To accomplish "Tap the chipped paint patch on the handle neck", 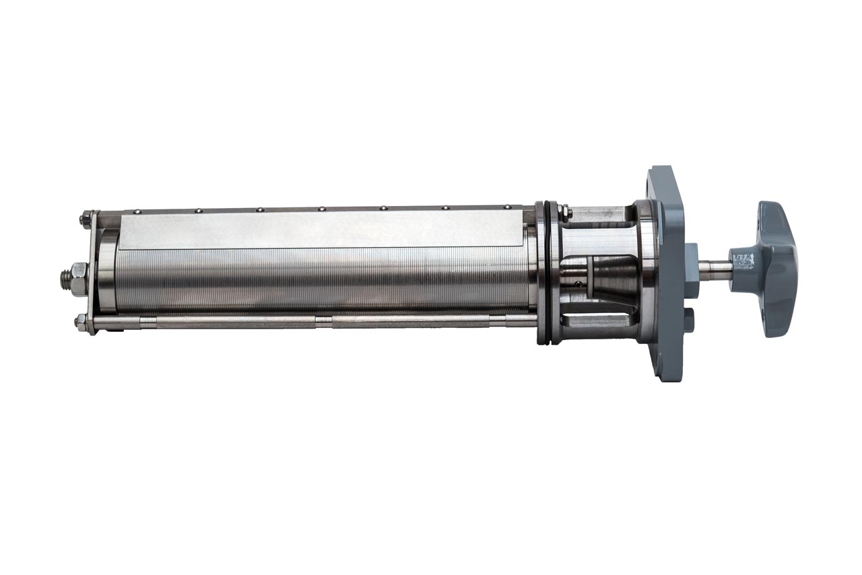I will pyautogui.click(x=743, y=259).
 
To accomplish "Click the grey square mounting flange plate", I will pyautogui.click(x=667, y=202).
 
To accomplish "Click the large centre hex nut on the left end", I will pyautogui.click(x=78, y=277).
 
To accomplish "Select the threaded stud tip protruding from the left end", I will pyautogui.click(x=65, y=276).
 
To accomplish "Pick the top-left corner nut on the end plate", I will pyautogui.click(x=86, y=218).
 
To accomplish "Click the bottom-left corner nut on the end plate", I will pyautogui.click(x=81, y=321).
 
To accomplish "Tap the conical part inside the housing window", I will pyautogui.click(x=613, y=276).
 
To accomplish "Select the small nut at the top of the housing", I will pyautogui.click(x=568, y=212).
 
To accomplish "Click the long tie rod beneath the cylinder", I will pyautogui.click(x=317, y=322).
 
